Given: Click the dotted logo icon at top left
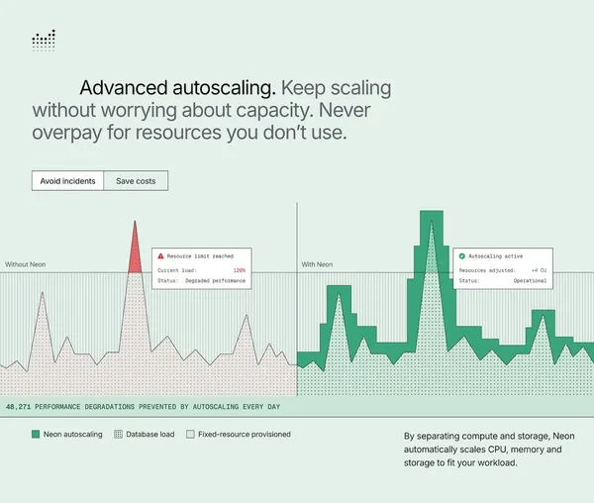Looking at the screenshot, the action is pyautogui.click(x=44, y=41).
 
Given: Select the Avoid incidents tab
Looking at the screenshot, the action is pyautogui.click(x=67, y=181).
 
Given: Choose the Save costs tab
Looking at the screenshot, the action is pyautogui.click(x=136, y=181).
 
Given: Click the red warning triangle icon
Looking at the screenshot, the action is pyautogui.click(x=160, y=256).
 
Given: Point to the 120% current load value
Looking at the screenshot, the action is pyautogui.click(x=239, y=270).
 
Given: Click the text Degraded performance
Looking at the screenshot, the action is pyautogui.click(x=215, y=280).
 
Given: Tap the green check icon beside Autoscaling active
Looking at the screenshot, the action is pyautogui.click(x=461, y=256).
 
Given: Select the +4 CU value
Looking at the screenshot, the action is pyautogui.click(x=539, y=270).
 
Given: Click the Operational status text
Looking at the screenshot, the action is pyautogui.click(x=530, y=280).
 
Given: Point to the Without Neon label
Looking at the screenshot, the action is pyautogui.click(x=26, y=264).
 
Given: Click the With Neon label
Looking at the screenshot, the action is pyautogui.click(x=317, y=264).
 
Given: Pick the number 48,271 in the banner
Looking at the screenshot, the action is pyautogui.click(x=18, y=407).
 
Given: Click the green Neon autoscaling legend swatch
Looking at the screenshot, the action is pyautogui.click(x=36, y=434).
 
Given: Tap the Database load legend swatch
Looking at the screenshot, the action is pyautogui.click(x=118, y=434).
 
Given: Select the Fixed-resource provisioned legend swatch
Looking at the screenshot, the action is pyautogui.click(x=190, y=434).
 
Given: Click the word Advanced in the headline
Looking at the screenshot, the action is pyautogui.click(x=124, y=88).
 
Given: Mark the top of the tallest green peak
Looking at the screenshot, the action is pyautogui.click(x=432, y=211).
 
